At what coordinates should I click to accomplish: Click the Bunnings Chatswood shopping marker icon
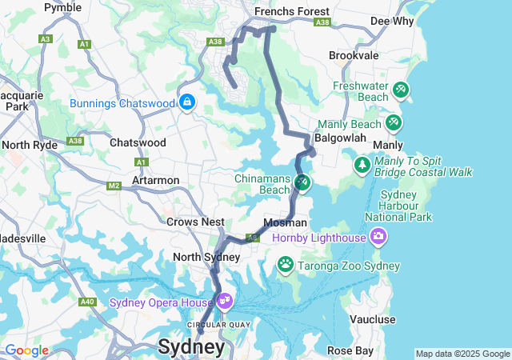[x=187, y=102]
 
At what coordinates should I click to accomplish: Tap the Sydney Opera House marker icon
[x=225, y=301]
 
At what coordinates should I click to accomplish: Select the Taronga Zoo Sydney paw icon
[x=285, y=263]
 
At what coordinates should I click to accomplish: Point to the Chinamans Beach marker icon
[x=302, y=183]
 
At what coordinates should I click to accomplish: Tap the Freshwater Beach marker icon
[x=401, y=91]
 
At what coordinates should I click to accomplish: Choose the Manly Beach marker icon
[x=393, y=123]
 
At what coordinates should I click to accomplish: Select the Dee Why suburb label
[x=413, y=20]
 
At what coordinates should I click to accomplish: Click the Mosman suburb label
[x=285, y=222]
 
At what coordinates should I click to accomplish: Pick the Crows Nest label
[x=194, y=222]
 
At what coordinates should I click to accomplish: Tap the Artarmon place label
[x=155, y=180]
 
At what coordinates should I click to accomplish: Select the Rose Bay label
[x=350, y=350]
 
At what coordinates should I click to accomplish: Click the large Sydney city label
[x=191, y=347]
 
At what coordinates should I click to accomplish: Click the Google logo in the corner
[x=26, y=350]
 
